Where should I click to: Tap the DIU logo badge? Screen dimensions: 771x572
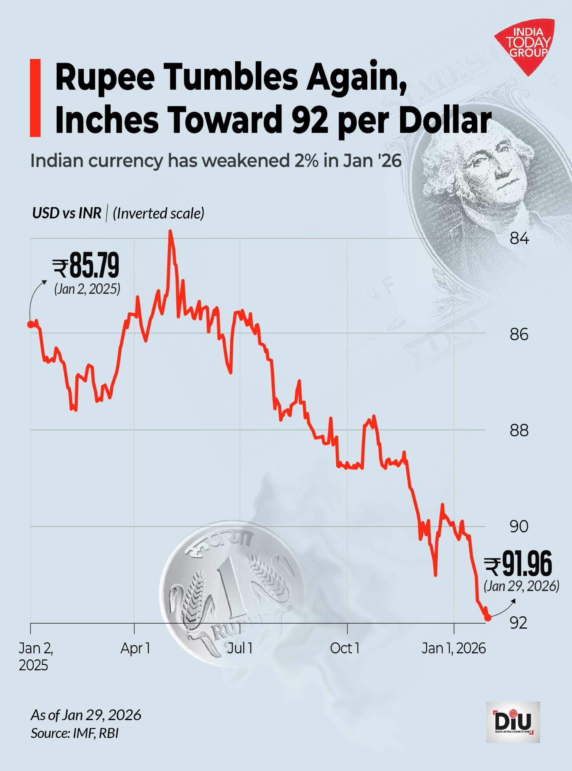click(513, 722)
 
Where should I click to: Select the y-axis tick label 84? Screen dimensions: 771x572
click(519, 239)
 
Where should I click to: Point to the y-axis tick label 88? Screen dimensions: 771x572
click(519, 430)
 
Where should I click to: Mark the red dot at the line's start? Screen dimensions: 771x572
click(31, 324)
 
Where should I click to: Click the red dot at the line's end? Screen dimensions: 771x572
click(487, 618)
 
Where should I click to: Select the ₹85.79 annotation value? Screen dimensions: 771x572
click(86, 265)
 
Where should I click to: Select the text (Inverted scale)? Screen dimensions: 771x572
click(158, 213)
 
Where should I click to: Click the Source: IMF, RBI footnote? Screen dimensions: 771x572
click(75, 733)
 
